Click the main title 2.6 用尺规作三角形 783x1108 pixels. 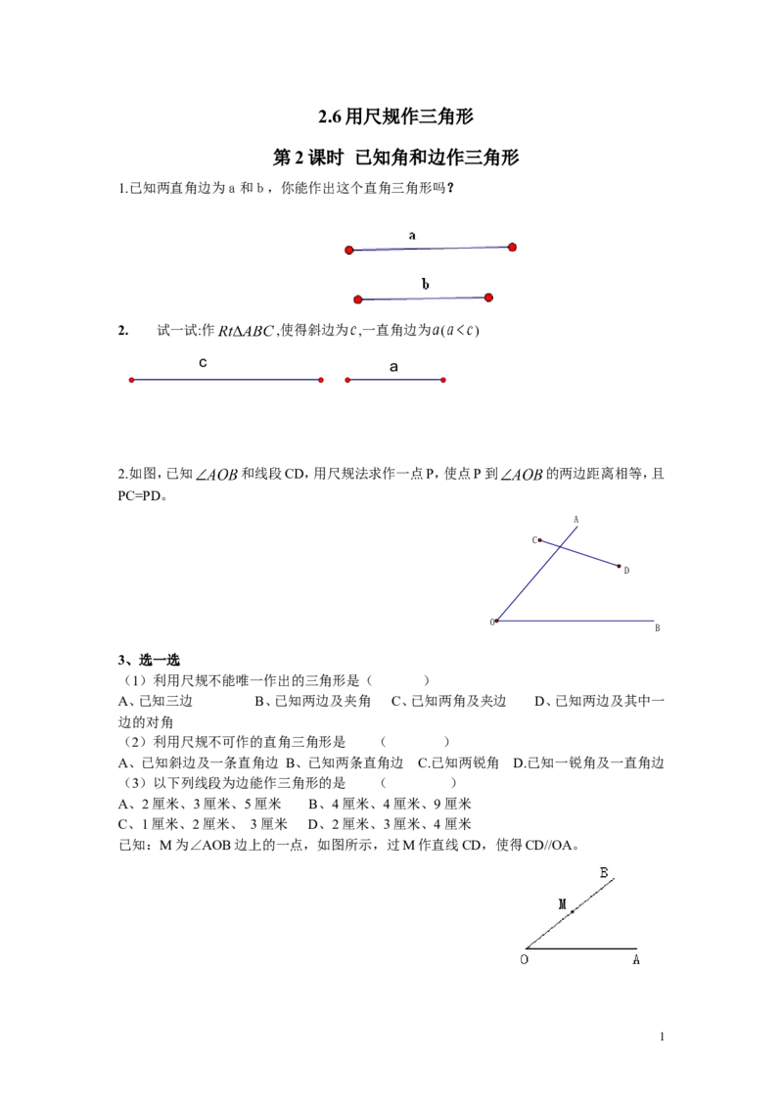[x=395, y=116]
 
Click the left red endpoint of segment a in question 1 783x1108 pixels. [x=349, y=251]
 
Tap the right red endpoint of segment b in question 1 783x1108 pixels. [x=488, y=298]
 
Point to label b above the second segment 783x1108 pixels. [x=426, y=283]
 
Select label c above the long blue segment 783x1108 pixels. [x=203, y=362]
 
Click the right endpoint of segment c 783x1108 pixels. [x=321, y=380]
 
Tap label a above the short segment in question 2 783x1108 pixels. [x=393, y=367]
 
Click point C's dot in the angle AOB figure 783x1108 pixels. [x=540, y=540]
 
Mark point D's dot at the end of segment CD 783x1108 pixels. [x=619, y=566]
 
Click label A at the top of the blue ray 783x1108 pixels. [x=576, y=520]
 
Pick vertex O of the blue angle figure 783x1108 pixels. [x=497, y=622]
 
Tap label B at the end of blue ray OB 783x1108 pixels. [x=657, y=627]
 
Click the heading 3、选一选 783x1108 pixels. [x=149, y=660]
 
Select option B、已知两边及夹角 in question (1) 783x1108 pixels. [x=312, y=701]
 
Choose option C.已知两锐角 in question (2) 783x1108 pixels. [x=459, y=763]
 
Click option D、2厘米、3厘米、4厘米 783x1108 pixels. [x=390, y=825]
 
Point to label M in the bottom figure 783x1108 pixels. [x=563, y=903]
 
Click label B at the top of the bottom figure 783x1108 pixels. [x=604, y=873]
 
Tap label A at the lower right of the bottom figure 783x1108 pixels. [x=636, y=959]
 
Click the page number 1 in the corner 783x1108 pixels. [x=663, y=1037]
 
